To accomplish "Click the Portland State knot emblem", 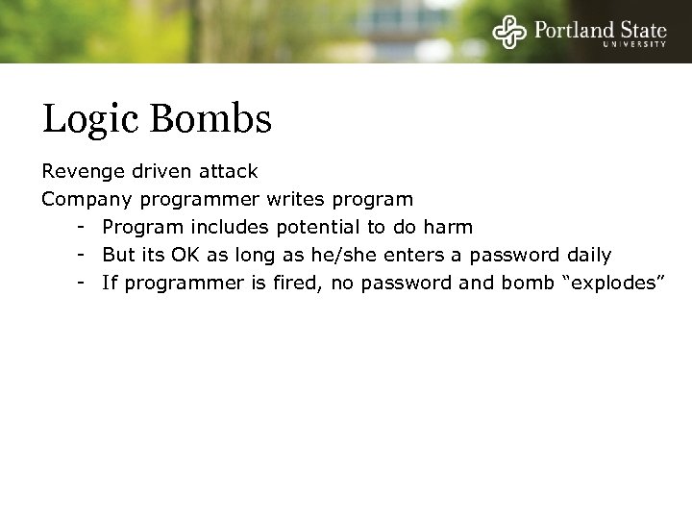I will click(x=509, y=33).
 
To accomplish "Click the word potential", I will click(x=320, y=228).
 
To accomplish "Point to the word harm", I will click(x=451, y=228).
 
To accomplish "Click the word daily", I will click(x=587, y=256).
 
